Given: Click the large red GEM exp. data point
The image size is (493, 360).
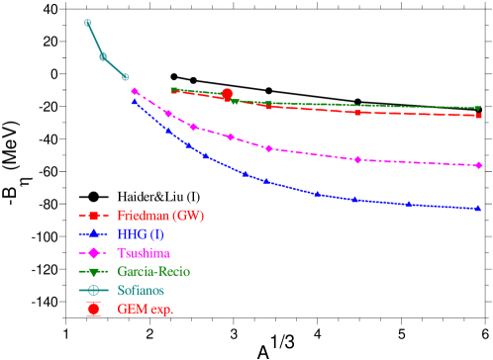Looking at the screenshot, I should click(227, 94).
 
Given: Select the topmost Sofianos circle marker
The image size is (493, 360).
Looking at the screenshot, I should click(87, 23).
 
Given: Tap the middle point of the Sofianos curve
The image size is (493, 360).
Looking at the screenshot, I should click(103, 56).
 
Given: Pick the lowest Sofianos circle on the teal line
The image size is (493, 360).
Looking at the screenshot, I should click(125, 76).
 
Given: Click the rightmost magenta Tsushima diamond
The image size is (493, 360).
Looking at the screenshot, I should click(478, 165).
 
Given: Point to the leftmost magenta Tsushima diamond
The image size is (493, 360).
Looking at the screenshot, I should click(135, 91).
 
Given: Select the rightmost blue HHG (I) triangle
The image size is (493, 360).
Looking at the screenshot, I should click(478, 209).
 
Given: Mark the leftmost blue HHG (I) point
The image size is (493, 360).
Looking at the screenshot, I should click(135, 100).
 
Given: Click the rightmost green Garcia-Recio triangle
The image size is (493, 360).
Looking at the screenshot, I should click(478, 109).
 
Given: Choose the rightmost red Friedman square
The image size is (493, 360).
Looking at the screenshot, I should click(478, 116).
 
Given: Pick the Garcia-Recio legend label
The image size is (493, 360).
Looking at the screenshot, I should click(153, 271).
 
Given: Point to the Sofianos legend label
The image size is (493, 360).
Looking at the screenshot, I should click(141, 290).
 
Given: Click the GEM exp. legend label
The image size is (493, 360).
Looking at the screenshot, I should click(145, 309).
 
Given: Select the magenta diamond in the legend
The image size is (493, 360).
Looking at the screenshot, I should click(94, 252).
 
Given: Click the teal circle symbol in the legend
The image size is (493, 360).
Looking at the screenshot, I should click(94, 290).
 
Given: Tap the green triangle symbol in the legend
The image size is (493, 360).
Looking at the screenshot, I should click(94, 271).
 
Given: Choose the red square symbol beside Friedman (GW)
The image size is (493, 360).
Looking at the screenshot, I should click(94, 215).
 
